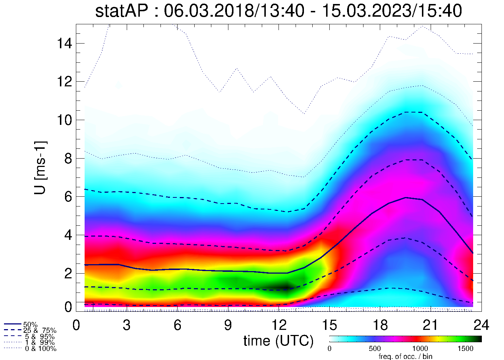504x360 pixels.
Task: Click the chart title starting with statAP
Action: point(279,11)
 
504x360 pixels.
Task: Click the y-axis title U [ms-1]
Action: point(40,168)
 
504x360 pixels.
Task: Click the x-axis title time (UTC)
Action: point(278,341)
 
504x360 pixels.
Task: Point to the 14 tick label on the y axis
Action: point(64,44)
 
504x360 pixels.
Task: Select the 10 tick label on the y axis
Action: point(64,120)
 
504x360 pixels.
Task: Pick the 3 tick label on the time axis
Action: point(127,325)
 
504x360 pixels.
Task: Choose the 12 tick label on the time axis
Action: point(279,325)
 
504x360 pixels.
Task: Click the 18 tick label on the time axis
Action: point(380,325)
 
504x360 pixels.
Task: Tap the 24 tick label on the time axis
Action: point(481,325)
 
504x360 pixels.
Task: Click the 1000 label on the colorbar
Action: point(420,349)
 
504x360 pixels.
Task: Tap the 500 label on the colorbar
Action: point(375,349)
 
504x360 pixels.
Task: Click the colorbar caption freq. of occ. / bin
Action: point(405,356)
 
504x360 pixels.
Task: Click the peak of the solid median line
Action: point(405,198)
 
